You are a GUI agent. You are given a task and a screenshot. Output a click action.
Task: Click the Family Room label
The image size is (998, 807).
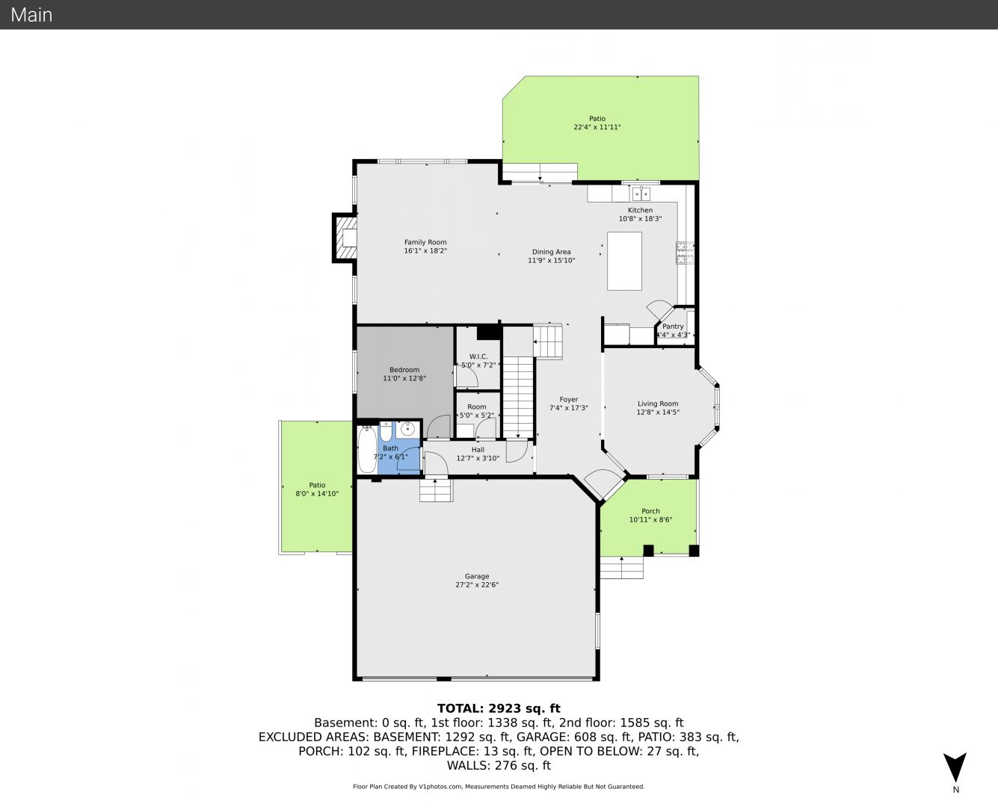click(425, 242)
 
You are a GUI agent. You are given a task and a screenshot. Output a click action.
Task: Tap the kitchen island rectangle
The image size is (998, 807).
click(624, 261)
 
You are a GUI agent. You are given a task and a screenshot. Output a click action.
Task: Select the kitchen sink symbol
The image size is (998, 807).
click(641, 194)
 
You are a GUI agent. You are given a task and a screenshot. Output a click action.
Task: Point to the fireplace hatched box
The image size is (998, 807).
click(345, 238)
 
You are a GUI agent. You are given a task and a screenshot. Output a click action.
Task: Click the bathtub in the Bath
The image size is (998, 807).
click(367, 450)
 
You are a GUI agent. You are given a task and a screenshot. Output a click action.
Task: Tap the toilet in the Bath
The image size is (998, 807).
click(386, 431)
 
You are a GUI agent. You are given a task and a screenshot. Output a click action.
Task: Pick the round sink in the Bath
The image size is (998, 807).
click(407, 429)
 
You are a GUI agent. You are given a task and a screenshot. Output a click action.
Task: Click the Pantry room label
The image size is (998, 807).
click(673, 327)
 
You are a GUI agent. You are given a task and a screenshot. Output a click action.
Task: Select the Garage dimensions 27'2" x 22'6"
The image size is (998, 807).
click(477, 584)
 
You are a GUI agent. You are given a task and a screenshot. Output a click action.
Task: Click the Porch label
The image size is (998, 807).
click(650, 511)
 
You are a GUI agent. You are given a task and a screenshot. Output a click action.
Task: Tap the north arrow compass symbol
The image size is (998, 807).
click(955, 767)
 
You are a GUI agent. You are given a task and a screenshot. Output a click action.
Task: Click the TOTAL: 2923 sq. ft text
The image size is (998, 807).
click(499, 708)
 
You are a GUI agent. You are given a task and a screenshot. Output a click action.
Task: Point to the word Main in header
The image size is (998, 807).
click(31, 15)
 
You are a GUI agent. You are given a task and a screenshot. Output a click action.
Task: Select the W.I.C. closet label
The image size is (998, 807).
click(478, 356)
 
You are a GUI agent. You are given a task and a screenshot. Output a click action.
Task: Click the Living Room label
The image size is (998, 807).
click(658, 403)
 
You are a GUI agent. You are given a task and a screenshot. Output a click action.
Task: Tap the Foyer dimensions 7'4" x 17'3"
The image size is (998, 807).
click(569, 408)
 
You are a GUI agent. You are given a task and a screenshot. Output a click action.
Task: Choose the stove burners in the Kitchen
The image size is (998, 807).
click(684, 253)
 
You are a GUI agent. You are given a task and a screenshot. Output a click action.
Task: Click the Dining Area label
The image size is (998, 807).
click(552, 252)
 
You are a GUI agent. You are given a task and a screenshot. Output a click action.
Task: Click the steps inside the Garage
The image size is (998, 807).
click(437, 490)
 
